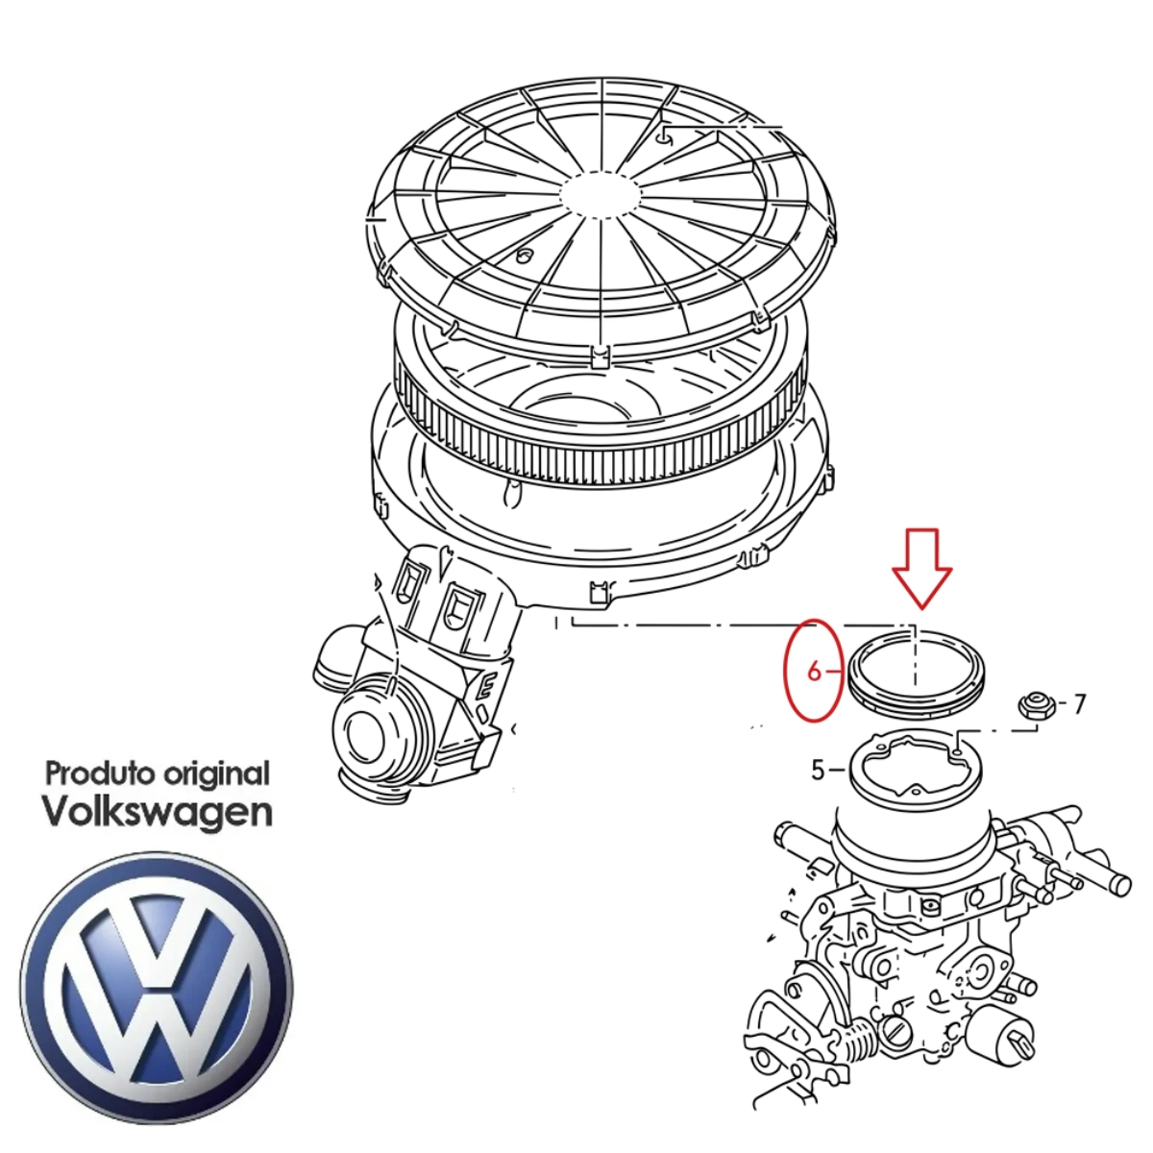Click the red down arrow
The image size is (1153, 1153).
pyautogui.click(x=921, y=568)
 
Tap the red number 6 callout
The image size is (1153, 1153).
pyautogui.click(x=814, y=673)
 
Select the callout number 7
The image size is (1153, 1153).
pyautogui.click(x=1079, y=704)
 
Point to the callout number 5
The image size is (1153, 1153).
pyautogui.click(x=819, y=770)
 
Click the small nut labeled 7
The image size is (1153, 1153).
pyautogui.click(x=1029, y=706)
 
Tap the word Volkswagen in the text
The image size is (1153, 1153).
pyautogui.click(x=159, y=815)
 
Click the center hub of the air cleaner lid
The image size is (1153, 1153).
pyautogui.click(x=601, y=193)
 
